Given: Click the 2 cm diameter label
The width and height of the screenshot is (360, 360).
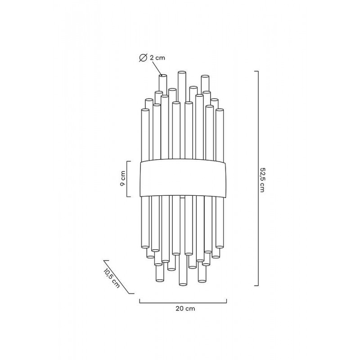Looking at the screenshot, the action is (x=157, y=58).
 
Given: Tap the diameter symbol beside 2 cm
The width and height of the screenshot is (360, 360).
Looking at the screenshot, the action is (x=143, y=58).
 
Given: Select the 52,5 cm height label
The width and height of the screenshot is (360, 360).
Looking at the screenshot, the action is (x=262, y=179).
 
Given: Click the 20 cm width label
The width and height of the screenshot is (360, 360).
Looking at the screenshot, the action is (x=185, y=308).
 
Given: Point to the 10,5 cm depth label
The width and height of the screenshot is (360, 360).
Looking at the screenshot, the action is (x=112, y=278).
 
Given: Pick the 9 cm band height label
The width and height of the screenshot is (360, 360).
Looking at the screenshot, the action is (x=123, y=179).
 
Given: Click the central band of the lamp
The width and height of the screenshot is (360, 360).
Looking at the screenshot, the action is (x=183, y=178).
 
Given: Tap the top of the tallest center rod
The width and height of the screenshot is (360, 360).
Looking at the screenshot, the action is (x=182, y=72).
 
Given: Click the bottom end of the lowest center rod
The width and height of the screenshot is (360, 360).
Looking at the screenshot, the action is (x=183, y=284).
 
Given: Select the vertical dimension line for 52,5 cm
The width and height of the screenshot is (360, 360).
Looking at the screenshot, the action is (x=258, y=178).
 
